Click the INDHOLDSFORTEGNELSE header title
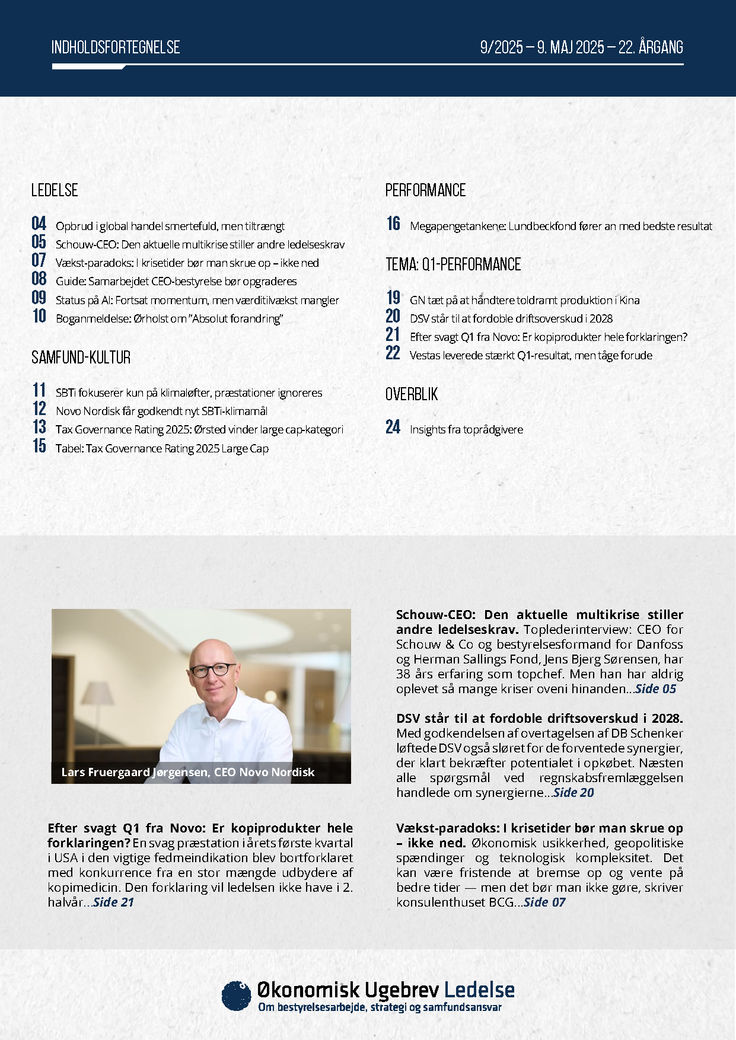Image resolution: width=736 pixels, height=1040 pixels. click(116, 47)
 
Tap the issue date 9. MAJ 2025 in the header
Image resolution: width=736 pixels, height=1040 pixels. click(571, 47)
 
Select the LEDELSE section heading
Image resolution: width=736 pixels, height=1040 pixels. click(55, 190)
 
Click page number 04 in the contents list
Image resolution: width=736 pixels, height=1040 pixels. click(39, 224)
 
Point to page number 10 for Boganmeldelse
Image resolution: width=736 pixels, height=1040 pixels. click(39, 316)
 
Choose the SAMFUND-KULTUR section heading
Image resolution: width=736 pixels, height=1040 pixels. click(81, 358)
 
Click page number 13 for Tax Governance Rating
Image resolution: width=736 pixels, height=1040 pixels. click(39, 427)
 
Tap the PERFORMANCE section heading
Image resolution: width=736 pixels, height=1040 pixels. click(425, 190)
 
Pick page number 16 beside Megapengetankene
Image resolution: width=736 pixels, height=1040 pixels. click(393, 224)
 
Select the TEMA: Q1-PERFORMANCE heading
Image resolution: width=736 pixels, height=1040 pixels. click(453, 264)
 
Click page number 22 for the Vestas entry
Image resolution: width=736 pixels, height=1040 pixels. click(393, 353)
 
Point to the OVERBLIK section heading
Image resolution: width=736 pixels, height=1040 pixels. click(412, 394)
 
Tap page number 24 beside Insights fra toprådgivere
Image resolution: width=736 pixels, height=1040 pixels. click(393, 427)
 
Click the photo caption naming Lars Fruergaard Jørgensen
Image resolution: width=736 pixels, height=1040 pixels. click(188, 772)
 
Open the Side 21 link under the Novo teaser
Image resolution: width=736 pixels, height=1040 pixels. click(113, 902)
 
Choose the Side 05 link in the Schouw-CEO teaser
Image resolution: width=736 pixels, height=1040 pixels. click(655, 689)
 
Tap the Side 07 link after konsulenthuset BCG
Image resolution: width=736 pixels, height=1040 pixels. click(544, 902)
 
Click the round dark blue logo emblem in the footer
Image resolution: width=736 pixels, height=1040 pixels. click(236, 996)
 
